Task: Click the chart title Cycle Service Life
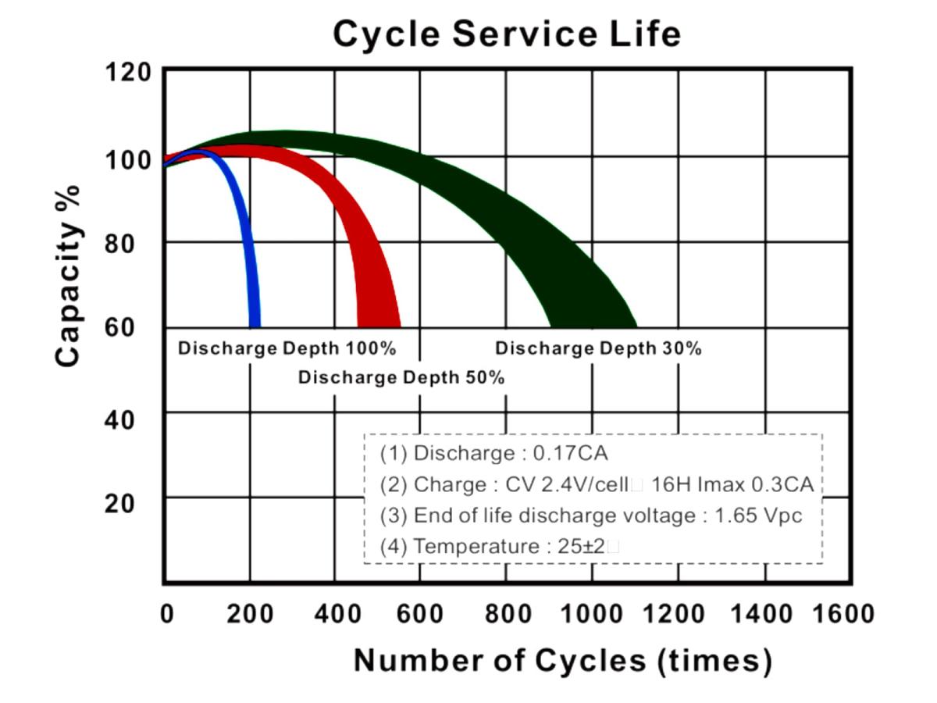tap(507, 34)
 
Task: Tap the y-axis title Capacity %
tap(69, 276)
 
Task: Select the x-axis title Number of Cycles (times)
tap(562, 661)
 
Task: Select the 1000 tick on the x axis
tap(593, 614)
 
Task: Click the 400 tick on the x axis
tap(335, 614)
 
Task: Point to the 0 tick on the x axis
tap(166, 614)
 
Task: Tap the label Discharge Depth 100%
tap(287, 348)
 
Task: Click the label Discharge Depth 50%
tap(401, 378)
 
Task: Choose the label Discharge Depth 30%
tap(598, 348)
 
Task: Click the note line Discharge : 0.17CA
tap(493, 453)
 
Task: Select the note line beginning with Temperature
tap(500, 547)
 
